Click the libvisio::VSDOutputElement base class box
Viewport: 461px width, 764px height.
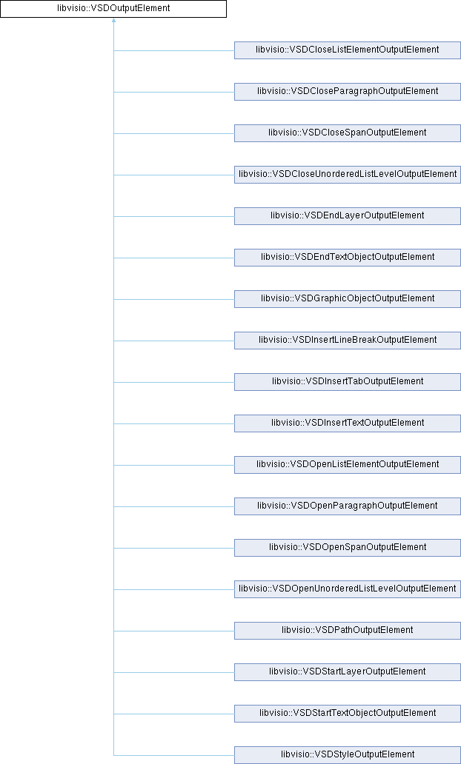point(113,9)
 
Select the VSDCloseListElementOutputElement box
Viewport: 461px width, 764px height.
point(348,50)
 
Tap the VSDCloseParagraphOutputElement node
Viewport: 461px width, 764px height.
point(348,91)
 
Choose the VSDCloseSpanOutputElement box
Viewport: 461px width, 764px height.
point(348,133)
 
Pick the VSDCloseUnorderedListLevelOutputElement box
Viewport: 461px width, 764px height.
point(348,174)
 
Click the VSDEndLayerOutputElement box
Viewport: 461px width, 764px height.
point(348,215)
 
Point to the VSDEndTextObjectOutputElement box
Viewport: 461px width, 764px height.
point(348,257)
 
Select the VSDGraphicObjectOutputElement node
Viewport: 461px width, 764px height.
point(348,298)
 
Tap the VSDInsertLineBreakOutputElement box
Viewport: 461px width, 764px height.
point(348,340)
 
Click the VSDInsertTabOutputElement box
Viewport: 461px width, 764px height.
point(348,381)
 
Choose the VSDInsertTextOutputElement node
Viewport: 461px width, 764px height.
point(348,423)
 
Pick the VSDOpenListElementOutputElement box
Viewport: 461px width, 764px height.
point(348,464)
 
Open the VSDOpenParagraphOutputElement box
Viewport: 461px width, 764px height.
point(348,506)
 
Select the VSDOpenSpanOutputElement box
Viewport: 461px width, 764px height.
point(348,547)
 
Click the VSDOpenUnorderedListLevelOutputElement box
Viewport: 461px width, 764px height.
point(348,589)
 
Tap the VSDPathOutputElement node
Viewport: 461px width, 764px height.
point(348,630)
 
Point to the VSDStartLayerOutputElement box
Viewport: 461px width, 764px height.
point(348,671)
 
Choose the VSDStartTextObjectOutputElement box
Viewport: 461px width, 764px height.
point(348,713)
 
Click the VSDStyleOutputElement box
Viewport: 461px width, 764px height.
point(348,754)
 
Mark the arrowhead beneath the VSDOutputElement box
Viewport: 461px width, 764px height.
point(113,21)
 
